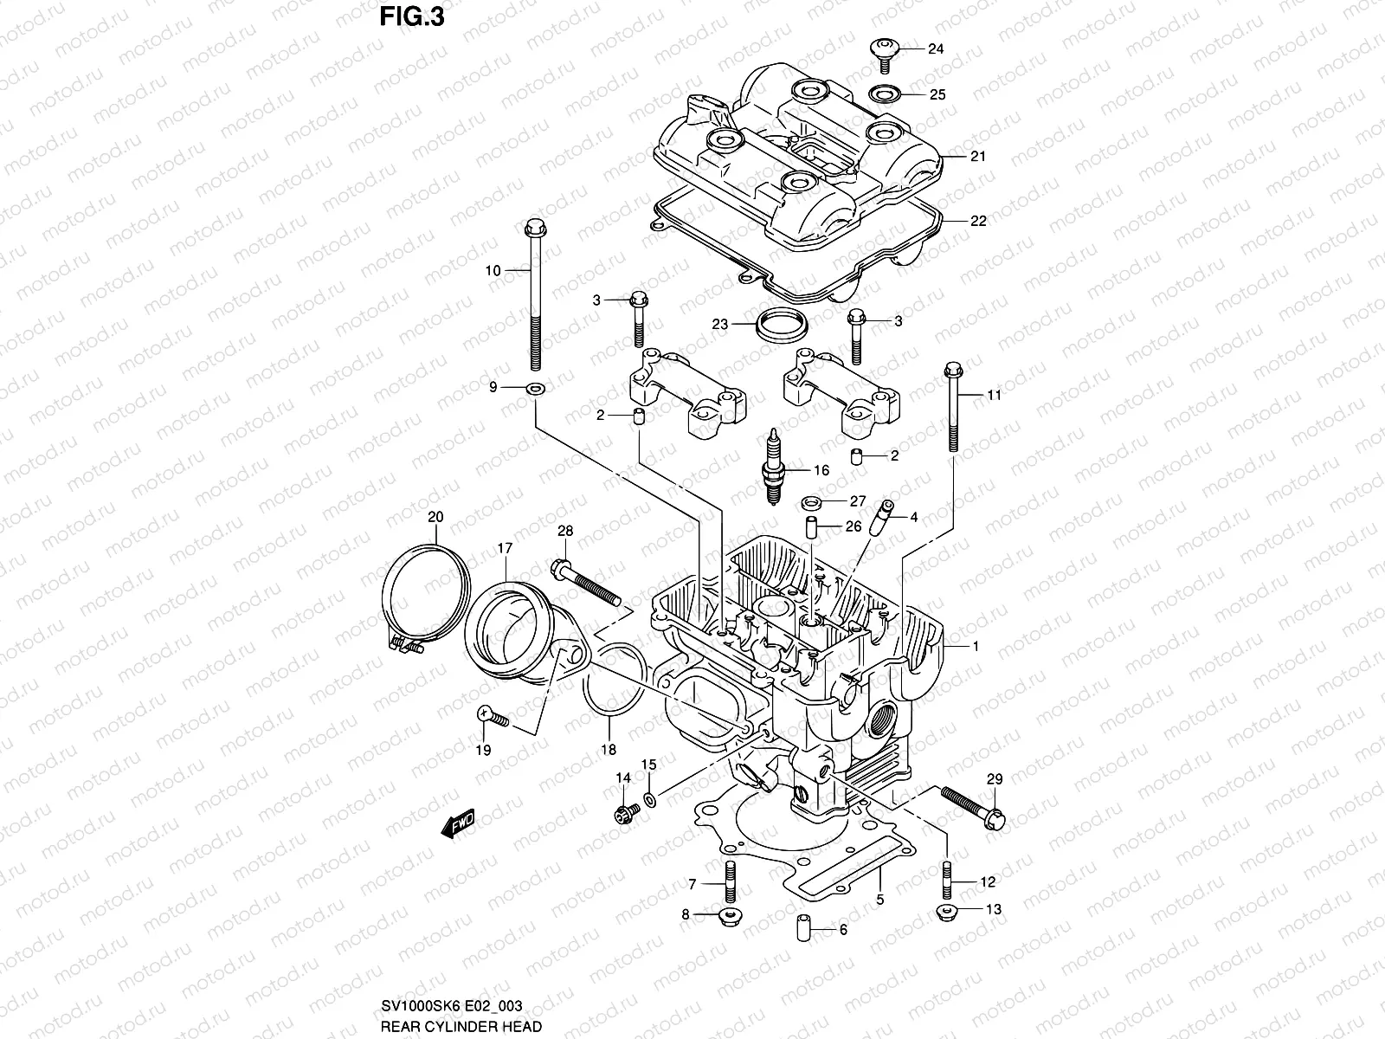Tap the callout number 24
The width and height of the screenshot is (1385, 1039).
point(936,49)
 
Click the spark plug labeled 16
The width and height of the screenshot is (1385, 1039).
point(771,467)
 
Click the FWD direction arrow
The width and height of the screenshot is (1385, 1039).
point(459,823)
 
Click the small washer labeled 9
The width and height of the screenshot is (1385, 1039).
point(534,387)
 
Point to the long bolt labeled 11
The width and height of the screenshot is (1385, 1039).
point(953,407)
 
